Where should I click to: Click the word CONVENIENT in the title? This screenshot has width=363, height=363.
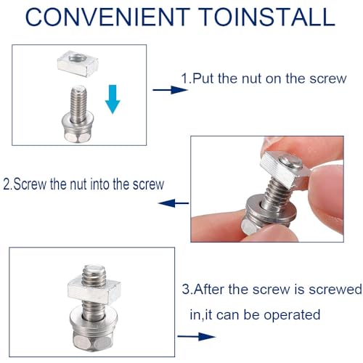click(x=107, y=17)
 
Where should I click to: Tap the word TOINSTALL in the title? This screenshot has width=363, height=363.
click(x=268, y=17)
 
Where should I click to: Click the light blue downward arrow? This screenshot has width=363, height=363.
click(x=113, y=99)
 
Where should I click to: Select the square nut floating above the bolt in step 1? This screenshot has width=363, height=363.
click(x=78, y=63)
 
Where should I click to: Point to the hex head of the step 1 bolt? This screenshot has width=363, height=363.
click(x=78, y=136)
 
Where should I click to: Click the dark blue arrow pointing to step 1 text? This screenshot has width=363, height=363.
click(x=170, y=90)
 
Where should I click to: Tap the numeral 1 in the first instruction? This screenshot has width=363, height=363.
click(x=184, y=78)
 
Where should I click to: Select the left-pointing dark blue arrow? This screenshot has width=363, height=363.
click(x=174, y=203)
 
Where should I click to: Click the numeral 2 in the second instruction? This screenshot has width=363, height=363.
click(x=7, y=184)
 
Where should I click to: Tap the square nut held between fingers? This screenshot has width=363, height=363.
click(x=285, y=169)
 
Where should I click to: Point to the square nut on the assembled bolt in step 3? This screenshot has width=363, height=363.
click(x=94, y=291)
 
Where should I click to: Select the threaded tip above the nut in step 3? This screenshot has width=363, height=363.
click(x=94, y=274)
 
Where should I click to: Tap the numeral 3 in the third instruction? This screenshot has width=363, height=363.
click(x=186, y=289)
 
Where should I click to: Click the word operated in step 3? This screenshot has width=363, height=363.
click(x=292, y=315)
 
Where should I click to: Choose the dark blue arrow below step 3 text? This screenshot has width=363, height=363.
click(x=197, y=336)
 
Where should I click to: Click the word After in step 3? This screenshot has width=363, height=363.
click(x=209, y=289)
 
